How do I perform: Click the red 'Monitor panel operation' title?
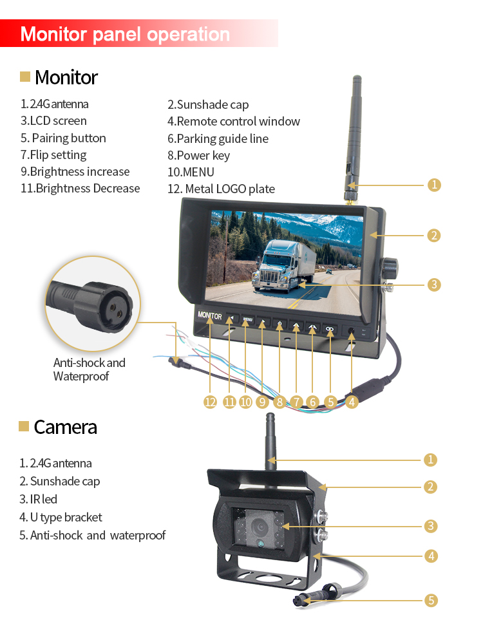coord(125,34)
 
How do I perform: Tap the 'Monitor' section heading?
coord(66,77)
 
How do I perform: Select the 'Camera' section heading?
coord(66,427)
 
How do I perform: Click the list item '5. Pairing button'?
coord(63,138)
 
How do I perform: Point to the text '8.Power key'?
coord(198,155)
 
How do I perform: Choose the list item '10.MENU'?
coord(191,172)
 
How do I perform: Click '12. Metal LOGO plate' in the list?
coord(221,189)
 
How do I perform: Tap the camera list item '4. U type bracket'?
coord(61,517)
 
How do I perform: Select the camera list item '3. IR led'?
coord(38,499)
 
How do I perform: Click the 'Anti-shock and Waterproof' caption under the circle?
coord(89,369)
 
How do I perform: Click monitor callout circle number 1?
coord(434,185)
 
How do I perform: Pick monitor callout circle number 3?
coord(434,285)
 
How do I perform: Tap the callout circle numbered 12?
coord(210,402)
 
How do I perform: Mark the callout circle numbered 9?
coord(262,402)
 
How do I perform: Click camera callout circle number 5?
coord(431,601)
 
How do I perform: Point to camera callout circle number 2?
coord(430,487)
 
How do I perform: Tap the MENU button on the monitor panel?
coord(247,320)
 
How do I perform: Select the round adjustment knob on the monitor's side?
coord(389,268)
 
